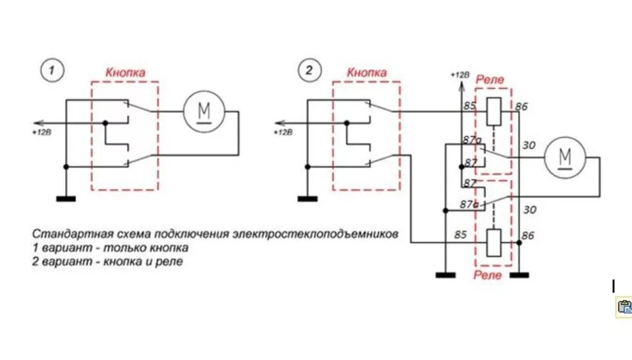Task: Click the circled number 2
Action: pyautogui.click(x=307, y=70)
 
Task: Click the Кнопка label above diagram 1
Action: pyautogui.click(x=125, y=72)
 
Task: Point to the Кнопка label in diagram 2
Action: pyautogui.click(x=367, y=72)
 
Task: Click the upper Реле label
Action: pyautogui.click(x=490, y=79)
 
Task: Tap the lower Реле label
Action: pyautogui.click(x=488, y=274)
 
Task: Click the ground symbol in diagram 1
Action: pyautogui.click(x=66, y=197)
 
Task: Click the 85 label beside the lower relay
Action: pyautogui.click(x=460, y=234)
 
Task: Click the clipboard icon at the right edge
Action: pyautogui.click(x=623, y=306)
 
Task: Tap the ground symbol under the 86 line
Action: pyautogui.click(x=519, y=274)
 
